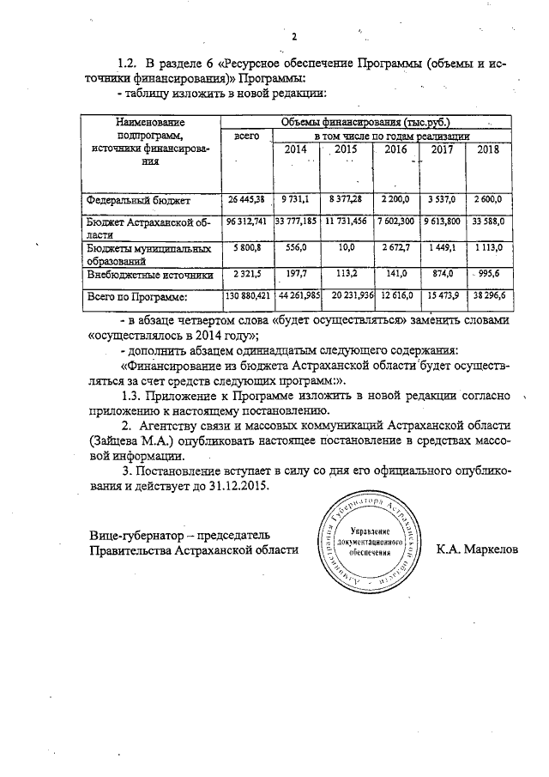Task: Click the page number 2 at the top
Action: pyautogui.click(x=293, y=36)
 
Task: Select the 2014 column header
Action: pyautogui.click(x=295, y=149)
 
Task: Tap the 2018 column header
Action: pyautogui.click(x=487, y=149)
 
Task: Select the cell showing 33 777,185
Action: pyautogui.click(x=295, y=221)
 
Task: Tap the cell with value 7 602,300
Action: pyautogui.click(x=395, y=221)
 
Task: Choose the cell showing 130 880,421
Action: pyautogui.click(x=247, y=296)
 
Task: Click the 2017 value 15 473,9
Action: pyautogui.click(x=442, y=296)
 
